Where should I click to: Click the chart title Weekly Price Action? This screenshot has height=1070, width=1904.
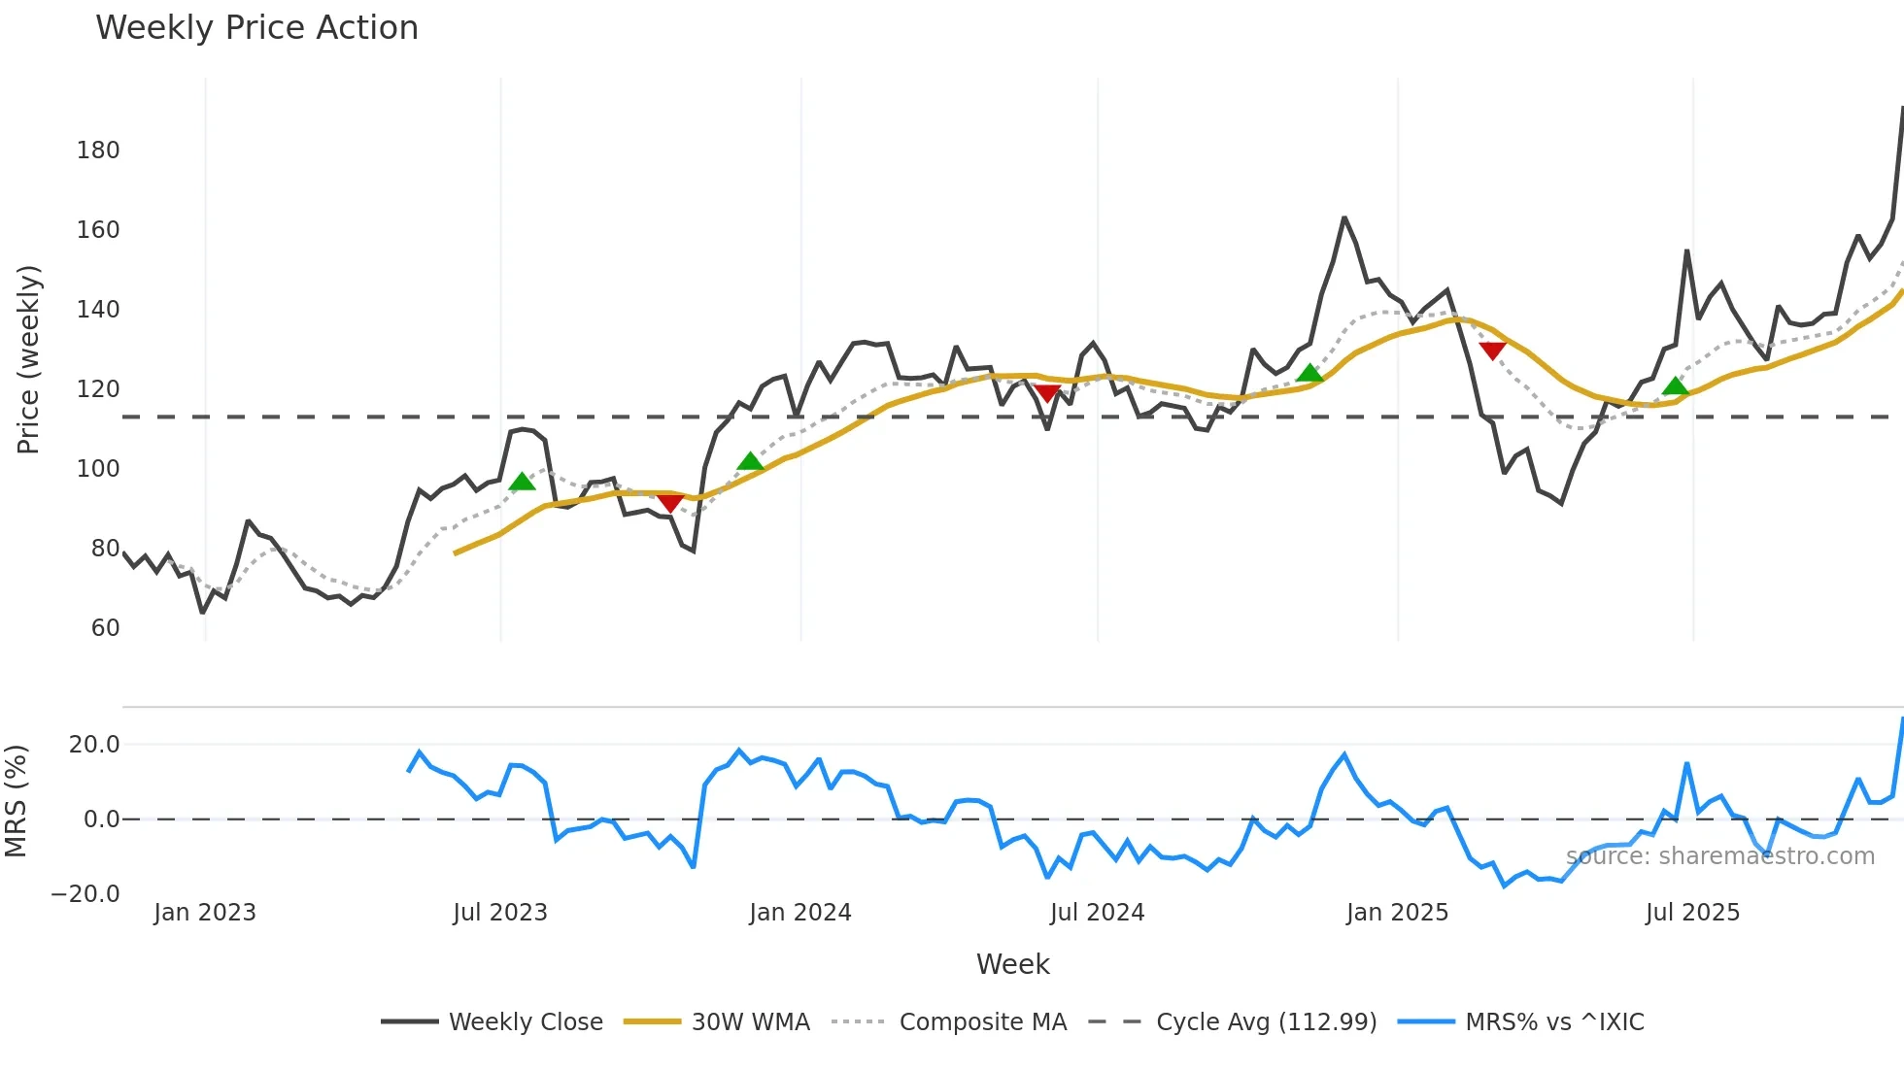[x=256, y=28]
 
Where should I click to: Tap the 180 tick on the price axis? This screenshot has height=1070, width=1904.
[x=98, y=150]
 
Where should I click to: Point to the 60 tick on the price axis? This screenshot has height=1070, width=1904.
[x=105, y=628]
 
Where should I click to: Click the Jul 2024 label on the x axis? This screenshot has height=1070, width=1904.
[x=1097, y=913]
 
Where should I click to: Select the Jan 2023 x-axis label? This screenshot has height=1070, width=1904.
[x=205, y=913]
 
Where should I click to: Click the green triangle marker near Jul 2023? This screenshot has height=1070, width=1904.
[x=523, y=482]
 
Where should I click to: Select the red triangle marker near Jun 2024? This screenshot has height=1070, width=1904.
[x=1047, y=393]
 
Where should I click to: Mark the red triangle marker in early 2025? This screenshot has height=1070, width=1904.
[x=1492, y=351]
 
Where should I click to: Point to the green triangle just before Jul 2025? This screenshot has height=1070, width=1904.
[x=1675, y=386]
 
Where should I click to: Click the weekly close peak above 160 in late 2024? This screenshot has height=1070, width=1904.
[x=1344, y=218]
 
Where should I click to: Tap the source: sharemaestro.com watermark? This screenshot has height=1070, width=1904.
[x=1720, y=856]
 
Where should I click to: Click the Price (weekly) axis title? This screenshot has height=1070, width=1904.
[x=28, y=359]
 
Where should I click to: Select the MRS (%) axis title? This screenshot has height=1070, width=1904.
[x=16, y=801]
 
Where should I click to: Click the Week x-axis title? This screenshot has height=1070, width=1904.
[x=1012, y=964]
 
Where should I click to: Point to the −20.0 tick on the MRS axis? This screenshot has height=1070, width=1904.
[x=85, y=894]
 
